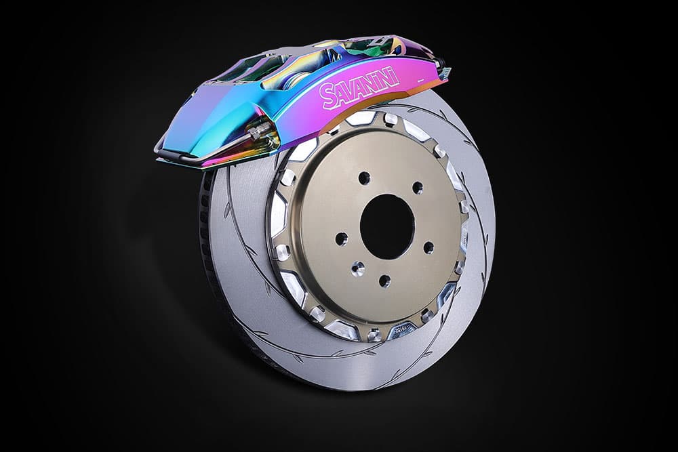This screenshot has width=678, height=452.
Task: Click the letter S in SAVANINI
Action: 327,97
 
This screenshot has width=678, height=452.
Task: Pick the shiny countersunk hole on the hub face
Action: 357,269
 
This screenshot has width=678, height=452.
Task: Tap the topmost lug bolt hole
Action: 364,178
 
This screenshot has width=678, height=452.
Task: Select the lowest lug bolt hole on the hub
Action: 384,281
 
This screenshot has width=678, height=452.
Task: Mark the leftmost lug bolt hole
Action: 341,239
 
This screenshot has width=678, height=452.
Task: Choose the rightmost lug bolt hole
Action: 428,247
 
